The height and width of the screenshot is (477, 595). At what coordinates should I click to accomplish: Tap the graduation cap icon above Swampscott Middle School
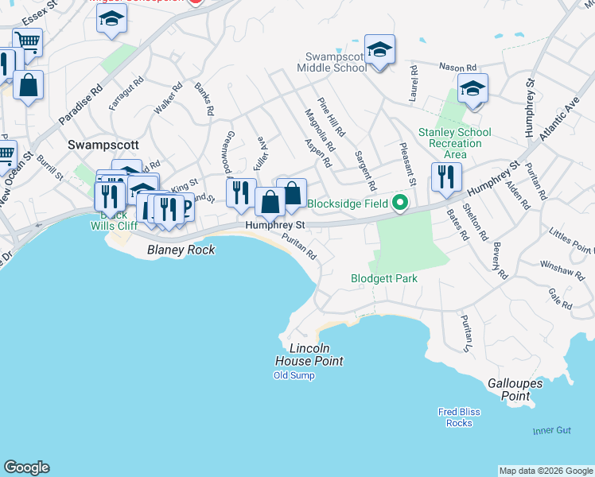coord(380,50)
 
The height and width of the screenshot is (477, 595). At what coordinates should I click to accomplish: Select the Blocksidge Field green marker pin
coord(401,204)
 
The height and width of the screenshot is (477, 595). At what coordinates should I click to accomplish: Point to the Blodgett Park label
coord(384,279)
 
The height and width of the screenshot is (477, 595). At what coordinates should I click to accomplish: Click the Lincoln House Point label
coord(316,355)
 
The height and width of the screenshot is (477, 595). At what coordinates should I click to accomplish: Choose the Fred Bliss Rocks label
coord(459,417)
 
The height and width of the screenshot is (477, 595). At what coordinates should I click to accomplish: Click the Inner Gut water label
coord(552,430)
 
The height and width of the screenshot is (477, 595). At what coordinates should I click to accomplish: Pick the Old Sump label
coord(294,375)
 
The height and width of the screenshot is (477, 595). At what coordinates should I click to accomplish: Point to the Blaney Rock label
coord(181,250)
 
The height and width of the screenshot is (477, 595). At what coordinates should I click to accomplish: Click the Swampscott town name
coord(103,145)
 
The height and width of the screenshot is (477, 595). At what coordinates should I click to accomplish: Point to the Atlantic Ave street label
coord(558,120)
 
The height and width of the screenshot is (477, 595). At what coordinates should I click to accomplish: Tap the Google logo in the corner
coord(26,467)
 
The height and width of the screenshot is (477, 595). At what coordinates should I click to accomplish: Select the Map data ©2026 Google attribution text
coord(546,471)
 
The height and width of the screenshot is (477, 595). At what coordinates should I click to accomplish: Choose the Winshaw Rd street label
coord(556,270)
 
